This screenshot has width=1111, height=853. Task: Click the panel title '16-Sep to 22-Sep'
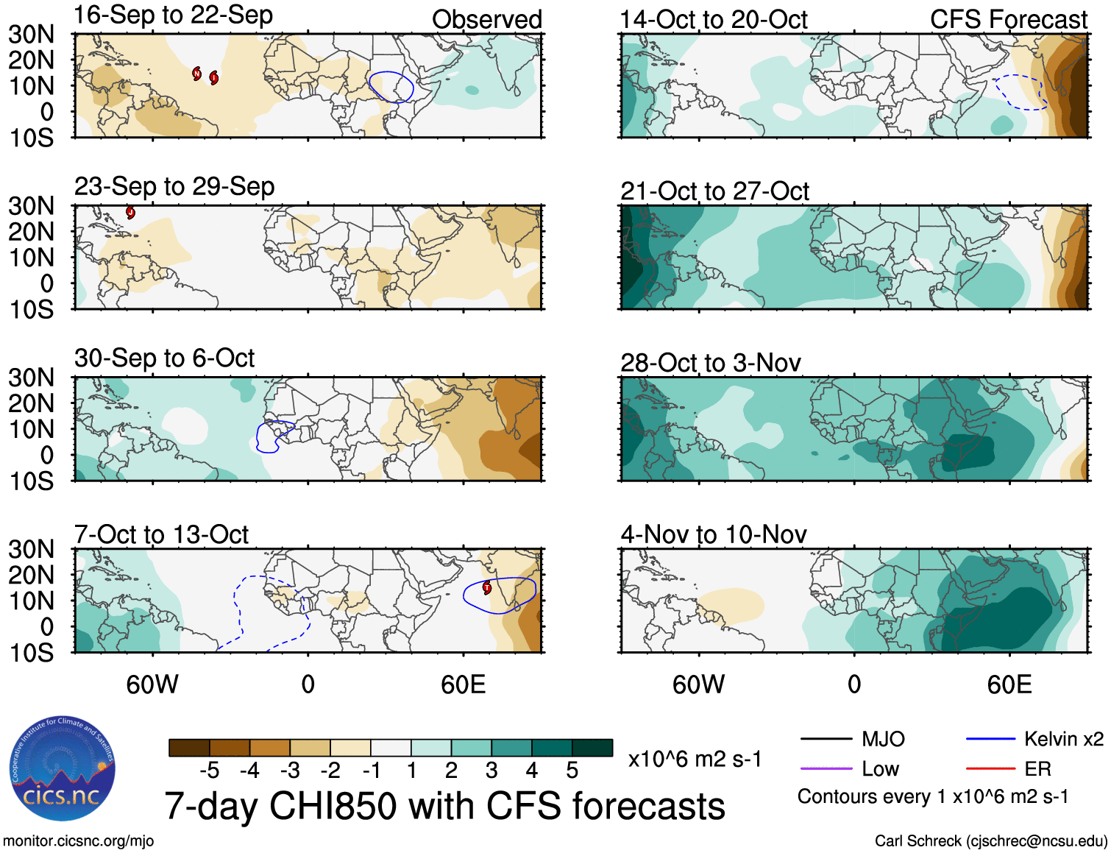173,15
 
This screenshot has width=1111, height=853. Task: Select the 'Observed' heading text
486,20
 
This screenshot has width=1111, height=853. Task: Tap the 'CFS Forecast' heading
1008,20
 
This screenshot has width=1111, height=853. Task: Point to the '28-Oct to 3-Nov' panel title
710,363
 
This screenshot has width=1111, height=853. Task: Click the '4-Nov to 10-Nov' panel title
713,534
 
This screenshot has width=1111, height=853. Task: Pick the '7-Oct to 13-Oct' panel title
161,534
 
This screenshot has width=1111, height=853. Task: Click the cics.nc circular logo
63,769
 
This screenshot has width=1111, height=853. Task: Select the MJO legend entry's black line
826,739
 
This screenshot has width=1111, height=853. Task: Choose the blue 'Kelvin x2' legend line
990,739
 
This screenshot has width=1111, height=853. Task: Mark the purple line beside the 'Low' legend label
826,769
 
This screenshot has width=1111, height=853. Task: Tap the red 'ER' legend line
990,769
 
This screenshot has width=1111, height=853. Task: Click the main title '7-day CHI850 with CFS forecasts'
444,806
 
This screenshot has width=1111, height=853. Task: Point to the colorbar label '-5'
210,771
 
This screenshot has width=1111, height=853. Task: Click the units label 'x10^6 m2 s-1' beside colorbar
695,759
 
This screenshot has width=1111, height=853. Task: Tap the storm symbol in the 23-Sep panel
130,213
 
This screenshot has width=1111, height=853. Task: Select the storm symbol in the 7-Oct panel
486,587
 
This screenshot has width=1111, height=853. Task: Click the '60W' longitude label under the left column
152,684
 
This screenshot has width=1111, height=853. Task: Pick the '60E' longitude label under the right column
1009,684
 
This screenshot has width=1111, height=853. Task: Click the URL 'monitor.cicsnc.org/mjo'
78,841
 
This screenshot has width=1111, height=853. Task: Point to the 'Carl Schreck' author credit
990,841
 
